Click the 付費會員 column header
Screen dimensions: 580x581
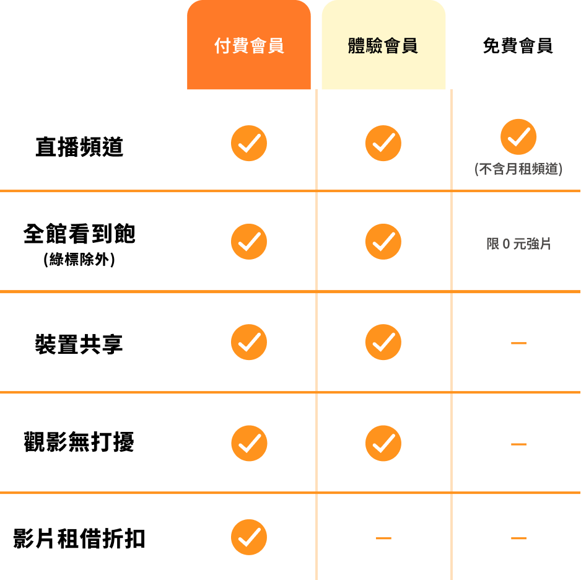[x=249, y=46]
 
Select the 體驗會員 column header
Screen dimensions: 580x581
[x=383, y=46]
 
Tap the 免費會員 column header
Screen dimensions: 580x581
[x=518, y=46]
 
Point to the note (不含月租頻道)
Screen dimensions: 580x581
[x=518, y=169]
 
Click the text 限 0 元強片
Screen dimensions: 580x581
[x=518, y=244]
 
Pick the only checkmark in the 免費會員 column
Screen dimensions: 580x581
[x=518, y=137]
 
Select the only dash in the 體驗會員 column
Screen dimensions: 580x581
[x=383, y=538]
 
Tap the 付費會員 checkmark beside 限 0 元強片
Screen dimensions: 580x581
[x=249, y=242]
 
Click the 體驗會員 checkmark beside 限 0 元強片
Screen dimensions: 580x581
[x=383, y=242]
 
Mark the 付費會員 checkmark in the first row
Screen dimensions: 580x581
[x=249, y=143]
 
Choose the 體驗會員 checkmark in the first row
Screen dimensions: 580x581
[x=383, y=143]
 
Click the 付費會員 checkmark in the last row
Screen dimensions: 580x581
[x=249, y=537]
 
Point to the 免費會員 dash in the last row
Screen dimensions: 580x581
[x=518, y=538]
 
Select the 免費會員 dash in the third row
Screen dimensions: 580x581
[x=518, y=343]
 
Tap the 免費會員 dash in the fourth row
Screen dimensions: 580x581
[x=518, y=444]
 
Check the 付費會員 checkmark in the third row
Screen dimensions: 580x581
[x=249, y=342]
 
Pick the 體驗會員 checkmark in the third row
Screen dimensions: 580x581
[x=383, y=342]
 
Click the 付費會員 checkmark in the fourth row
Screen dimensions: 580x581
[x=249, y=443]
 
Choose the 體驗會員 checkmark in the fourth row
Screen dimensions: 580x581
[x=383, y=443]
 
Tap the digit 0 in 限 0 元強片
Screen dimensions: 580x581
[x=507, y=244]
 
